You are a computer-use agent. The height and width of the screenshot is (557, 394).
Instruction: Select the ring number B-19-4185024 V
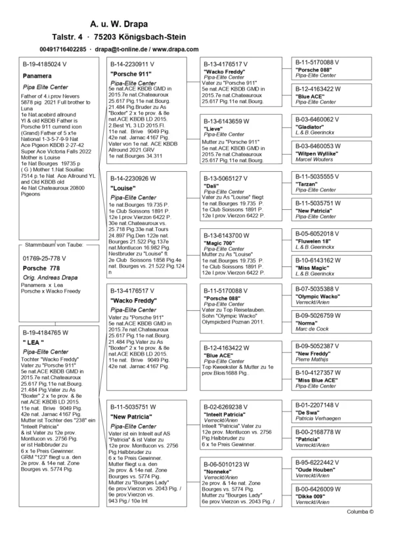(x=45, y=65)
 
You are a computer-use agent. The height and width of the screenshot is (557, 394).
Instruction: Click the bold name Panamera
(x=37, y=76)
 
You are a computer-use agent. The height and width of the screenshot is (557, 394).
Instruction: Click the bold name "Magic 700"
(x=221, y=244)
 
